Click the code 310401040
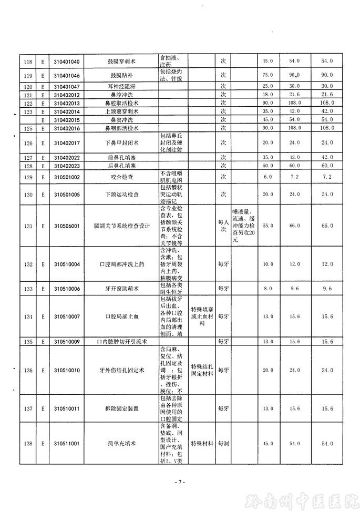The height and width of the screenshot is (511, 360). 67,62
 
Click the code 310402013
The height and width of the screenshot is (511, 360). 67,103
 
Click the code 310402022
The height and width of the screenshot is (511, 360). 67,158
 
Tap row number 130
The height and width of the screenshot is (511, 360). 28,195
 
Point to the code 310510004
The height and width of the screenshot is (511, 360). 67,264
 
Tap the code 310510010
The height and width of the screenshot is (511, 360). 67,371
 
